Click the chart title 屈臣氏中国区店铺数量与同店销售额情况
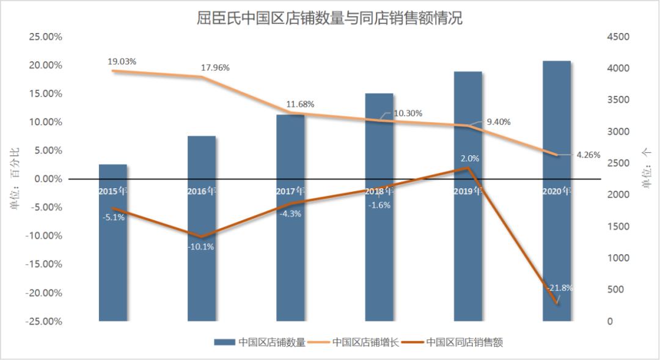click(x=329, y=18)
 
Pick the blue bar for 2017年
click(x=290, y=257)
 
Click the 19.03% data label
click(x=122, y=61)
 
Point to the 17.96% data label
click(x=215, y=68)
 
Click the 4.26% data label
click(x=588, y=155)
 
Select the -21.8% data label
click(x=560, y=287)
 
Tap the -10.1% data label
click(x=200, y=246)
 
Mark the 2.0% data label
click(x=470, y=158)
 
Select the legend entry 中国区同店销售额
click(x=464, y=342)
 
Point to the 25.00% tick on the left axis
click(x=46, y=37)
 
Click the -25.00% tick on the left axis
click(x=44, y=321)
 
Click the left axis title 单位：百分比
click(x=15, y=179)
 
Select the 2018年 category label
click(x=379, y=191)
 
